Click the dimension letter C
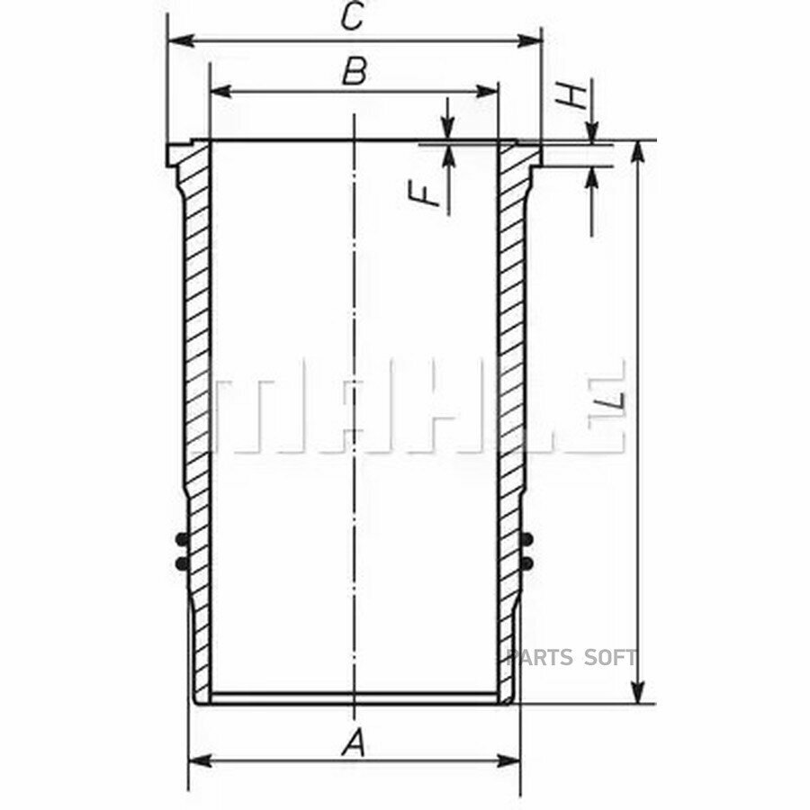pyautogui.click(x=354, y=16)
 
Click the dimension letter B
pyautogui.click(x=355, y=71)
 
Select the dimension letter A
pyautogui.click(x=354, y=744)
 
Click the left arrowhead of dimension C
pyautogui.click(x=181, y=40)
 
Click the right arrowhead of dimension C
pyautogui.click(x=529, y=40)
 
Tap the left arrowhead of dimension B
pyautogui.click(x=221, y=92)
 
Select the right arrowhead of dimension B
pyautogui.click(x=487, y=92)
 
